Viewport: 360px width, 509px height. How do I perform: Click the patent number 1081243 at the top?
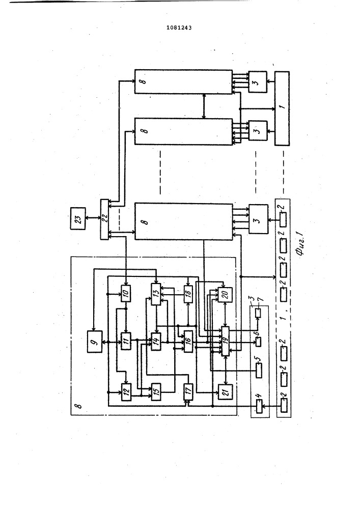click(x=179, y=27)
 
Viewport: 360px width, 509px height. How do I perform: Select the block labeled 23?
click(x=78, y=218)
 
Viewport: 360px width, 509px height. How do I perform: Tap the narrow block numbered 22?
click(x=104, y=219)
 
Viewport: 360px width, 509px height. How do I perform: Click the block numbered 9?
click(x=95, y=341)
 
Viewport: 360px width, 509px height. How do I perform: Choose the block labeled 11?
click(x=126, y=341)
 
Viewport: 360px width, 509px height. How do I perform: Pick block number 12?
click(x=126, y=392)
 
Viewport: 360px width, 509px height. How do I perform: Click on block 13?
click(x=156, y=294)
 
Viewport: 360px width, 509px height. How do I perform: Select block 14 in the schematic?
click(x=156, y=341)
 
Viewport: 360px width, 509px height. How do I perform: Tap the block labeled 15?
click(x=156, y=392)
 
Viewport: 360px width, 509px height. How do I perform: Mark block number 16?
click(x=188, y=341)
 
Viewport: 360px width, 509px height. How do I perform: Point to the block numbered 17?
click(x=188, y=392)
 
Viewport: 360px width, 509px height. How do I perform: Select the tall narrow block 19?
click(x=225, y=341)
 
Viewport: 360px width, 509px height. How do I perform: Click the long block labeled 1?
click(x=282, y=108)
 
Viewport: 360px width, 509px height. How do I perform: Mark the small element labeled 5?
click(x=259, y=371)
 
